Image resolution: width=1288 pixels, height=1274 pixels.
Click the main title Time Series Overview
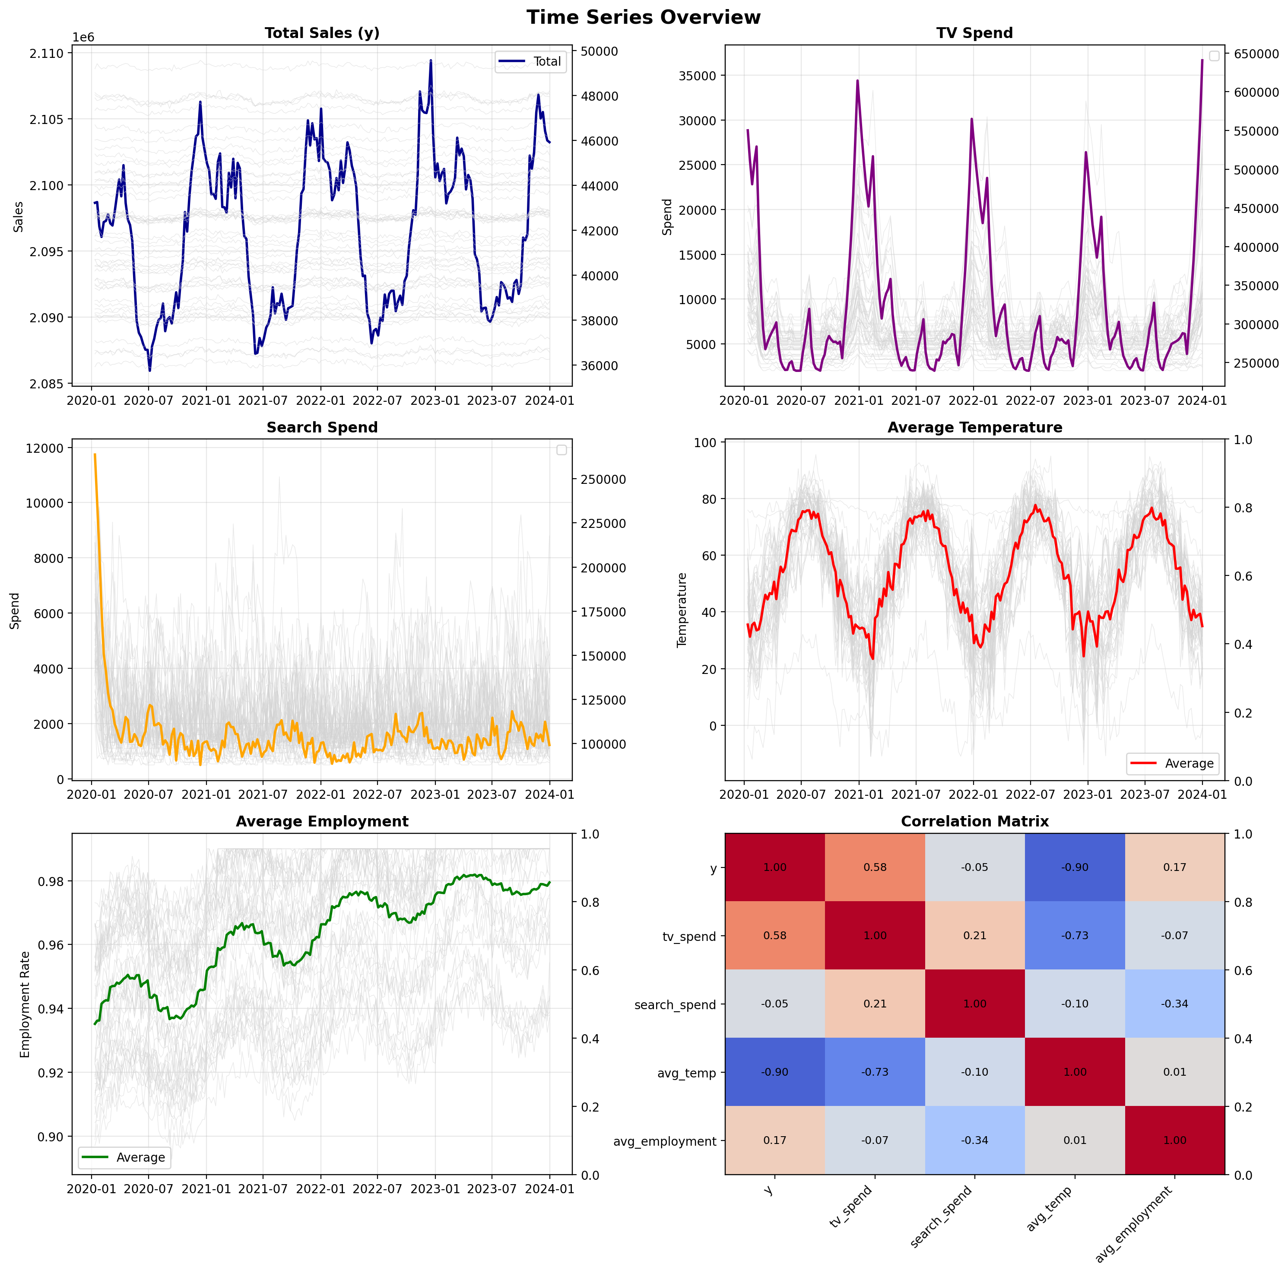(x=643, y=17)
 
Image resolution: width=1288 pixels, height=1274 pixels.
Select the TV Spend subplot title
(x=974, y=33)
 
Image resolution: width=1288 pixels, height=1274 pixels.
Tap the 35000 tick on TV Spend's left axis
(x=697, y=76)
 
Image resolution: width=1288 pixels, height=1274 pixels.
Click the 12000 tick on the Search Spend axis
(x=45, y=448)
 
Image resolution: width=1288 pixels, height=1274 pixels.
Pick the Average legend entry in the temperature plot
(x=1189, y=764)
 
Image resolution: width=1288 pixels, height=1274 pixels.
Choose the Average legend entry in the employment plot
(x=140, y=1157)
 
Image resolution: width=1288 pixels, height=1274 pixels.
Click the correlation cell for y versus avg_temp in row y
(x=1075, y=867)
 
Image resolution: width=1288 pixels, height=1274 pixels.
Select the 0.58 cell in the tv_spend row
(x=775, y=935)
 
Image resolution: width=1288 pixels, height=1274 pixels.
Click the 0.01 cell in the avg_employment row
(x=1075, y=1140)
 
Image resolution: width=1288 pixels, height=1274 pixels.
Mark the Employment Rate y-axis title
(x=25, y=1004)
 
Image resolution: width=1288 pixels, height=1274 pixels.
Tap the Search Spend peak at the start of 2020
(x=95, y=454)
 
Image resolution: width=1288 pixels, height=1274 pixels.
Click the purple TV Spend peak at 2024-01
(x=1202, y=60)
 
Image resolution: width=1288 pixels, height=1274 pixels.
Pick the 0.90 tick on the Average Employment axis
(x=51, y=1137)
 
